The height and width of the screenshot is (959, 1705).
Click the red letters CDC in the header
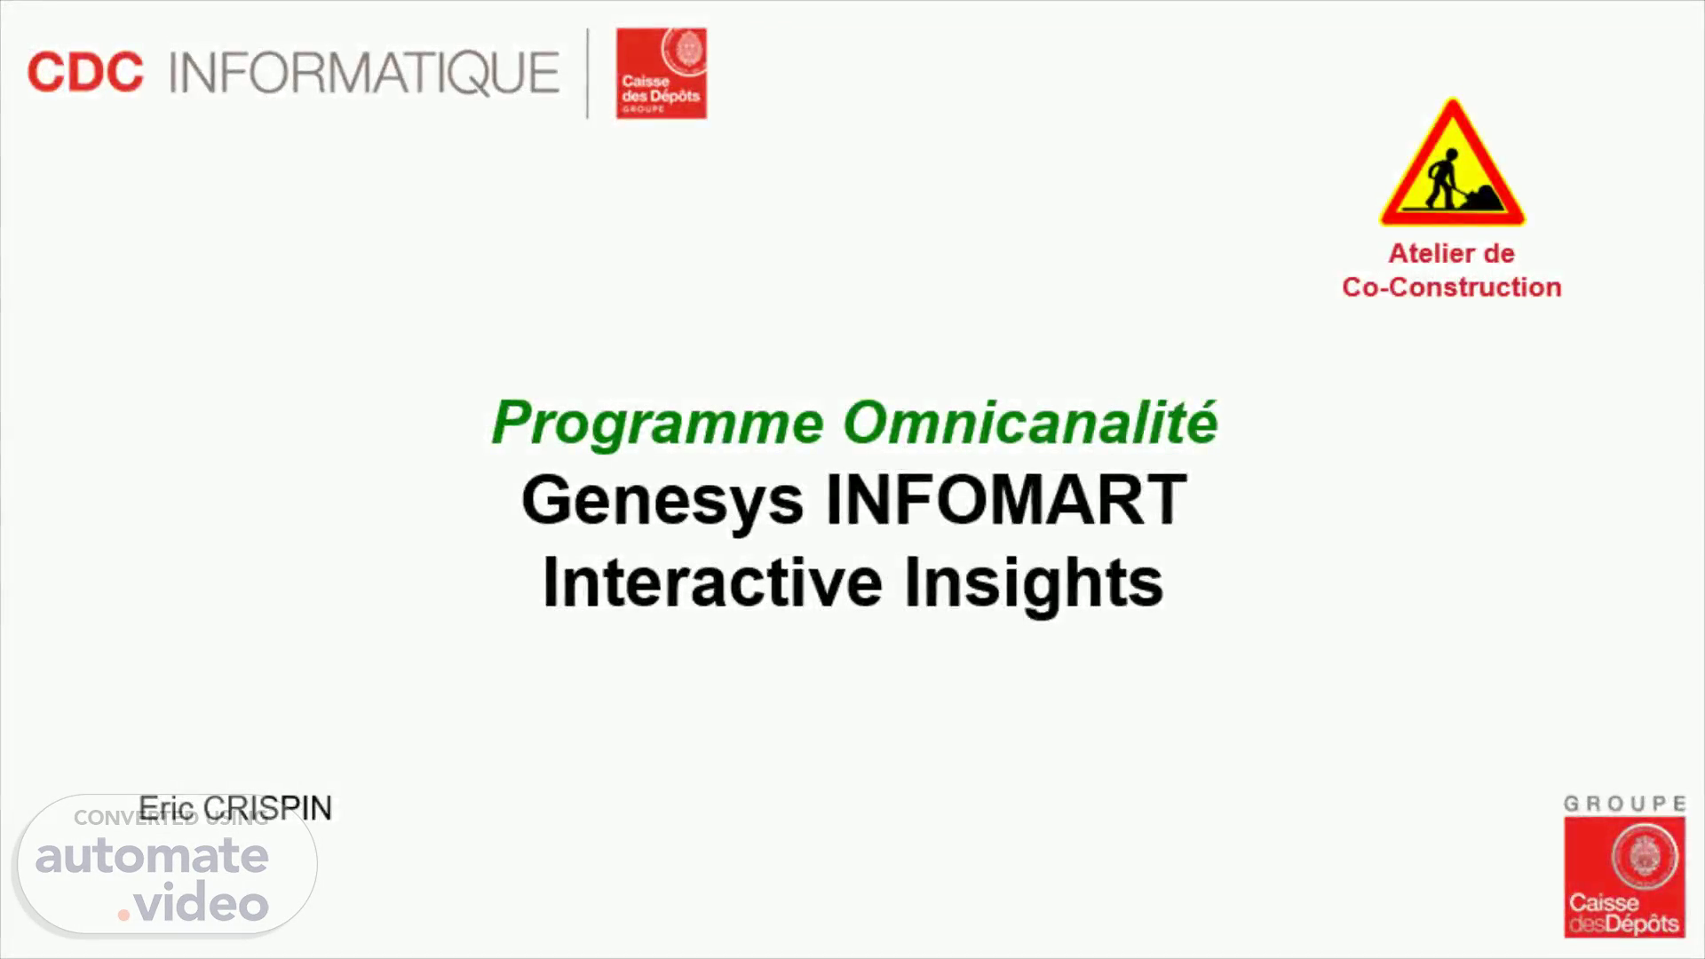tap(85, 73)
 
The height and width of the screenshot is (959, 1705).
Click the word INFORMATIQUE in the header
tap(364, 73)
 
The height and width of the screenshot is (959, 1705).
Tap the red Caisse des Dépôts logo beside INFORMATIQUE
tap(662, 73)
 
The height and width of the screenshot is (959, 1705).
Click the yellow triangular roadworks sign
tap(1452, 162)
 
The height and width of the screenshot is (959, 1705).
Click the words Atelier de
tap(1452, 253)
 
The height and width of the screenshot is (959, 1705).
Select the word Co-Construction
tap(1452, 287)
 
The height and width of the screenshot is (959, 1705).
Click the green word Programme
tap(658, 424)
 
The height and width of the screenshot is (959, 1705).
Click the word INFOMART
tap(1006, 500)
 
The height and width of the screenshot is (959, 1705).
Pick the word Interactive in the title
tap(713, 583)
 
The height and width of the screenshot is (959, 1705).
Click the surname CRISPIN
tap(267, 808)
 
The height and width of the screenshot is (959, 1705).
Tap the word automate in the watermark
tap(152, 856)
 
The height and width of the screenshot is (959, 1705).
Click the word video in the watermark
tap(202, 902)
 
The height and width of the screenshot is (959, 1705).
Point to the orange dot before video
tap(124, 915)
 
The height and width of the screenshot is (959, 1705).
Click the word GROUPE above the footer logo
tap(1624, 804)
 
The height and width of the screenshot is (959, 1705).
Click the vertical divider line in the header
tap(588, 73)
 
